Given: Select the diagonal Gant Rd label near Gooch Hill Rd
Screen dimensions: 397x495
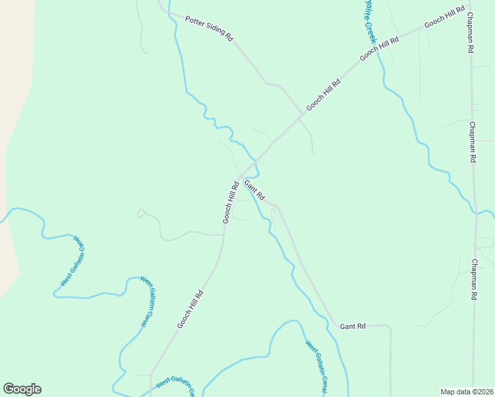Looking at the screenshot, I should pos(254,190).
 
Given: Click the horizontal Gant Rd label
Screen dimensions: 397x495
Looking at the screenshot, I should pos(353,326).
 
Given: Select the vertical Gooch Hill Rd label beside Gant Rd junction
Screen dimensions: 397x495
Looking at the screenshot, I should pos(230,202).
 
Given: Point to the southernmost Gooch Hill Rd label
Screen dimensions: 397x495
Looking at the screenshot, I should pos(189,309).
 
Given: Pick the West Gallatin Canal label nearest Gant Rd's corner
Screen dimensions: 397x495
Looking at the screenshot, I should pos(316,364).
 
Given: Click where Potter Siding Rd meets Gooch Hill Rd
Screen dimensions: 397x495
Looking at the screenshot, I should pos(303,114).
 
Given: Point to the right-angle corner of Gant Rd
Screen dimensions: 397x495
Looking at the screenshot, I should pos(389,326).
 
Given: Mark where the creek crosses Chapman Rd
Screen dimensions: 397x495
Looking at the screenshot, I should pos(474,212).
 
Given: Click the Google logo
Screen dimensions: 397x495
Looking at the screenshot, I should pos(22,389).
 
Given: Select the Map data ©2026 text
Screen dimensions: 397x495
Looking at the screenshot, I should pos(467,391).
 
